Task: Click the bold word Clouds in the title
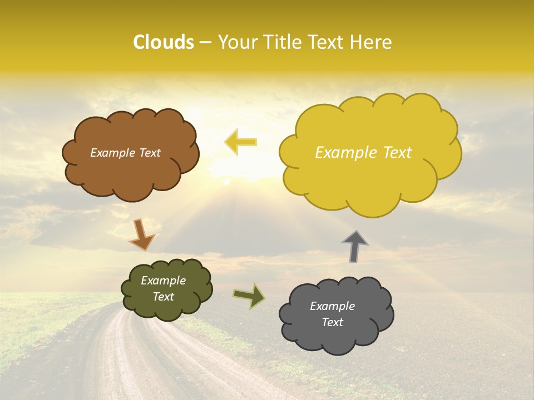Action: pos(164,42)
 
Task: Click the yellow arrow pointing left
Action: pos(240,142)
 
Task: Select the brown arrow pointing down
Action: pos(142,234)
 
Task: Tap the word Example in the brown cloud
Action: pos(112,153)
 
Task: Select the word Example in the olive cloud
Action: pos(163,281)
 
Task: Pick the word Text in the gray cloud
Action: pos(332,322)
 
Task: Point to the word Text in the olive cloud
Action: pos(163,297)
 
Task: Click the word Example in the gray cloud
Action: pos(332,306)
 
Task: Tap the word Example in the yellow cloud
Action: pos(348,153)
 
